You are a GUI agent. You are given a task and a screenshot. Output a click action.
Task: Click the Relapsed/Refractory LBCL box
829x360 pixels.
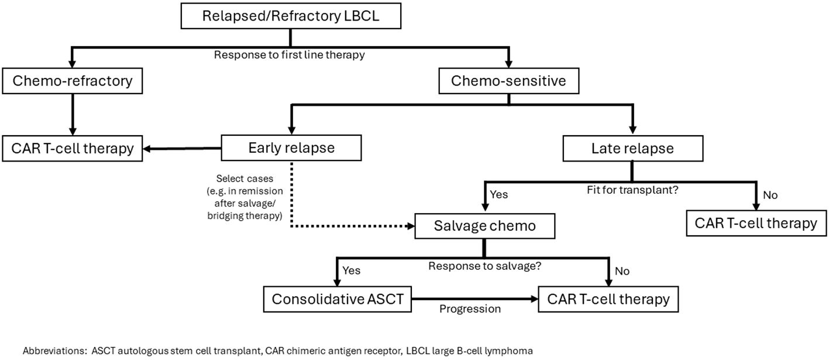pyautogui.click(x=291, y=16)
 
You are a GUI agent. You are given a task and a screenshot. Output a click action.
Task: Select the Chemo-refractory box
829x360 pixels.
pyautogui.click(x=73, y=81)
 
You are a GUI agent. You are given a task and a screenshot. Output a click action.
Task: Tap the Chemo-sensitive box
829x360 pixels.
pyautogui.click(x=509, y=81)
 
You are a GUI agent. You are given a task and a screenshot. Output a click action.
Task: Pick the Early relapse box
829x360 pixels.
pyautogui.click(x=291, y=148)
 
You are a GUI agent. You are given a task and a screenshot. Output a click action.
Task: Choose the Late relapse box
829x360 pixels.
pyautogui.click(x=633, y=148)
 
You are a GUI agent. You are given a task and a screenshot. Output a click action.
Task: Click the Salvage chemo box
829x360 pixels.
pyautogui.click(x=485, y=226)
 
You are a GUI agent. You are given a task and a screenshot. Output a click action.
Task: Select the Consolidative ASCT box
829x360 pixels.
pyautogui.click(x=338, y=299)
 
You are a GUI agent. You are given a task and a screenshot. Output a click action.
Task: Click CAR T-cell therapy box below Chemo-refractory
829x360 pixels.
pyautogui.click(x=73, y=148)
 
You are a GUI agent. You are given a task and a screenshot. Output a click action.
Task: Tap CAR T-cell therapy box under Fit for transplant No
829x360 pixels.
pyautogui.click(x=756, y=224)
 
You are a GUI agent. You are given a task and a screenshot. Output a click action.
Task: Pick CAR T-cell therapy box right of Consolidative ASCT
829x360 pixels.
pyautogui.click(x=608, y=299)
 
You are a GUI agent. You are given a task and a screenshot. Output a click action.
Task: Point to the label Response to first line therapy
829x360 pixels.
pyautogui.click(x=290, y=55)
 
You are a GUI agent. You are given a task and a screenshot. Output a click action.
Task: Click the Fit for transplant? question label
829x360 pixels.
pyautogui.click(x=632, y=190)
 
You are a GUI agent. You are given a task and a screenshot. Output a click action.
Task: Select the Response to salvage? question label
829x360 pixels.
pyautogui.click(x=485, y=266)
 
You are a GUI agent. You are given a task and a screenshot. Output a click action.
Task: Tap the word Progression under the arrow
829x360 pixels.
pyautogui.click(x=470, y=309)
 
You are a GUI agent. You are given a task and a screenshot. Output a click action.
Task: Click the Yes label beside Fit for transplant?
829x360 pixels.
pyautogui.click(x=499, y=194)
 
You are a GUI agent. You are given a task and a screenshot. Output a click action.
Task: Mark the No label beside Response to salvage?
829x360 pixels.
pyautogui.click(x=622, y=271)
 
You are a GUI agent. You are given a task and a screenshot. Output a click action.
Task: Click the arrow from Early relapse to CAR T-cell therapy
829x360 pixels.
pyautogui.click(x=182, y=149)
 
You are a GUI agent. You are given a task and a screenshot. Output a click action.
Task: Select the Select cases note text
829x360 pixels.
pyautogui.click(x=245, y=197)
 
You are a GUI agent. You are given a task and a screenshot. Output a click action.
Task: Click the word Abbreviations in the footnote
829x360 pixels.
pyautogui.click(x=55, y=351)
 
